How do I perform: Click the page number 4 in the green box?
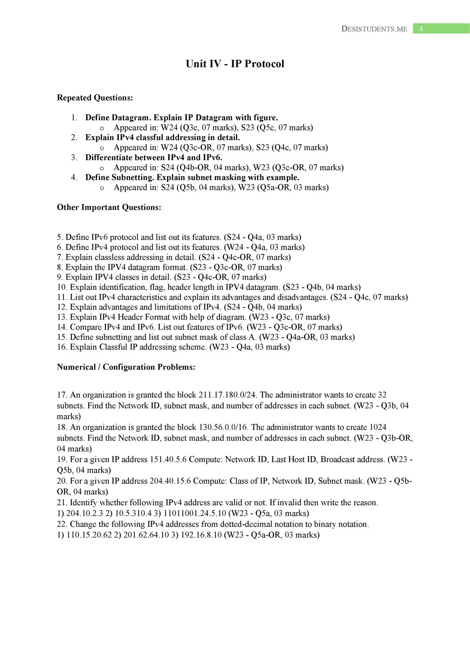421,29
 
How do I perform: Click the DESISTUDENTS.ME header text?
374,29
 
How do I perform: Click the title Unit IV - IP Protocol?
235,64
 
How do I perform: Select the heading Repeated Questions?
95,98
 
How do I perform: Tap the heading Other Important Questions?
109,207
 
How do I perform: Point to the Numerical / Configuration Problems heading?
126,367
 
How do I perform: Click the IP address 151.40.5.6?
168,459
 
